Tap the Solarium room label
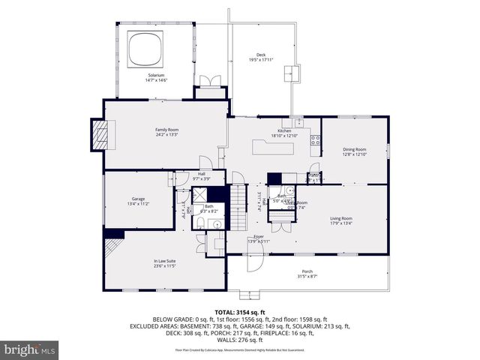coord(157,75)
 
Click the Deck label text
coord(261,55)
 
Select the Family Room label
coord(166,130)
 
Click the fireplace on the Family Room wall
coord(97,134)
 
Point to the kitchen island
coord(274,148)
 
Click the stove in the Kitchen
coord(316,139)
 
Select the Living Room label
coord(341,218)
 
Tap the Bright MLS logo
coord(30,349)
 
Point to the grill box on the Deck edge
coord(291,73)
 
